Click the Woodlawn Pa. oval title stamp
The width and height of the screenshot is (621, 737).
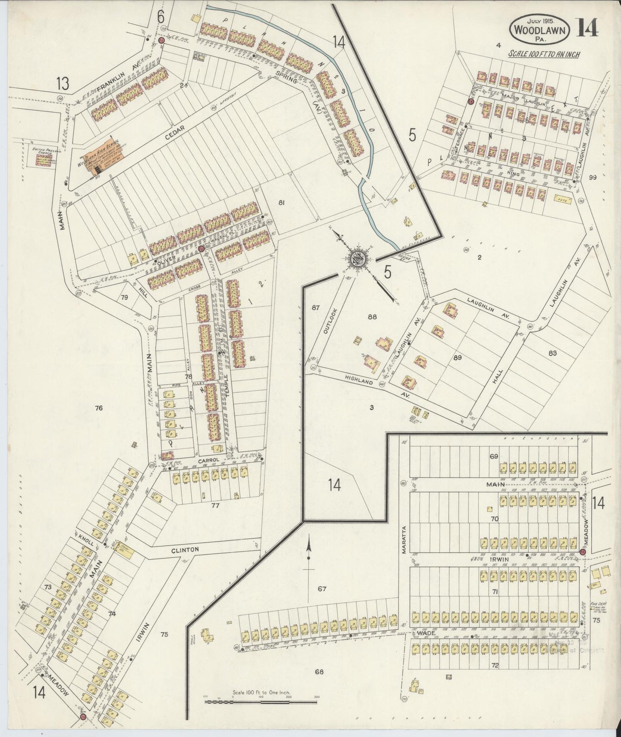pyautogui.click(x=540, y=30)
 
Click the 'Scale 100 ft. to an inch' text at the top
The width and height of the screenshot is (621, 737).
pyautogui.click(x=544, y=54)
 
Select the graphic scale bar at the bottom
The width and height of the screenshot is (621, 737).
pyautogui.click(x=261, y=701)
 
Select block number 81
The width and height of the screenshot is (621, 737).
pyautogui.click(x=282, y=203)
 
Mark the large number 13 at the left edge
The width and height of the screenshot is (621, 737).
pyautogui.click(x=63, y=84)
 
